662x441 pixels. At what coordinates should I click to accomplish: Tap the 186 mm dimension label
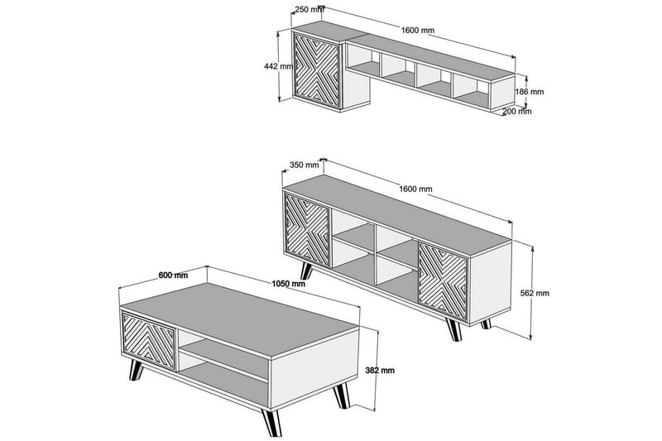[530, 92]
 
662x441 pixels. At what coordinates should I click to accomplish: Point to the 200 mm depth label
[517, 110]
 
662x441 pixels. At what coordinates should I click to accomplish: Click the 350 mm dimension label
[304, 165]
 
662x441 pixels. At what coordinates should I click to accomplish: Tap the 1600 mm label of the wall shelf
[419, 29]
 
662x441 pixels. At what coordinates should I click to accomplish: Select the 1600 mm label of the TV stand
[415, 189]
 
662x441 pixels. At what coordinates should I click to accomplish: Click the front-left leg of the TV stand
[309, 272]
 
